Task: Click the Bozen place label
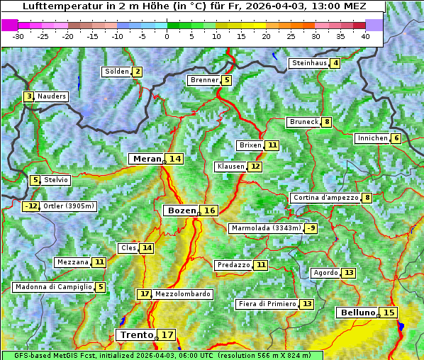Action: pos(181,210)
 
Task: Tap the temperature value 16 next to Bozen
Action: pos(210,210)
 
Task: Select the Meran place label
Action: pos(147,159)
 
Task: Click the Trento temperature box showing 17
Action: pos(167,334)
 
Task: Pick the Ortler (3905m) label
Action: pos(68,206)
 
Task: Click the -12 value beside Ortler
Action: pos(31,206)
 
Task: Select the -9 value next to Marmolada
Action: pos(311,228)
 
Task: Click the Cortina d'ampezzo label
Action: pos(325,198)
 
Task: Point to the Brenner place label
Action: pos(204,80)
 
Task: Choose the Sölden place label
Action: pos(117,72)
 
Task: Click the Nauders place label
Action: pos(52,96)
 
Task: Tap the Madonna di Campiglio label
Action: pos(53,287)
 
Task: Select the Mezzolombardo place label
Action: pos(182,294)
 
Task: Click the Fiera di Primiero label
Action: pos(267,304)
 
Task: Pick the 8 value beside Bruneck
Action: pos(326,122)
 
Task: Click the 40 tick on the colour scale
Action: pos(364,36)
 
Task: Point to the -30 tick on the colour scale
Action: pos(18,36)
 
